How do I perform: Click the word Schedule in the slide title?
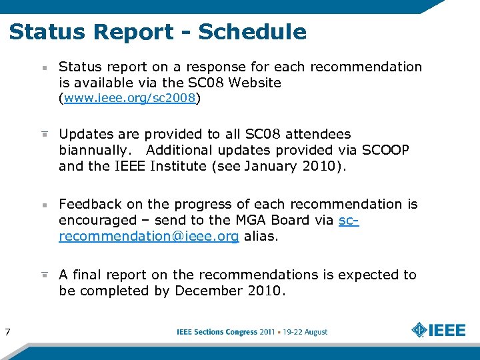(x=253, y=32)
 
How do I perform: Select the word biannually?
(x=97, y=150)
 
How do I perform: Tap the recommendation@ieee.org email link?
(x=149, y=236)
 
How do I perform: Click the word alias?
(x=260, y=236)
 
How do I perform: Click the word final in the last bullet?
(x=87, y=275)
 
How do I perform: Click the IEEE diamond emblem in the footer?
(x=419, y=330)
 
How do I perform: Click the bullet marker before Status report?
(x=44, y=68)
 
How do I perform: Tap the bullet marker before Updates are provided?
(x=44, y=134)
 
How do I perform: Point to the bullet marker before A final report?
(x=44, y=275)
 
